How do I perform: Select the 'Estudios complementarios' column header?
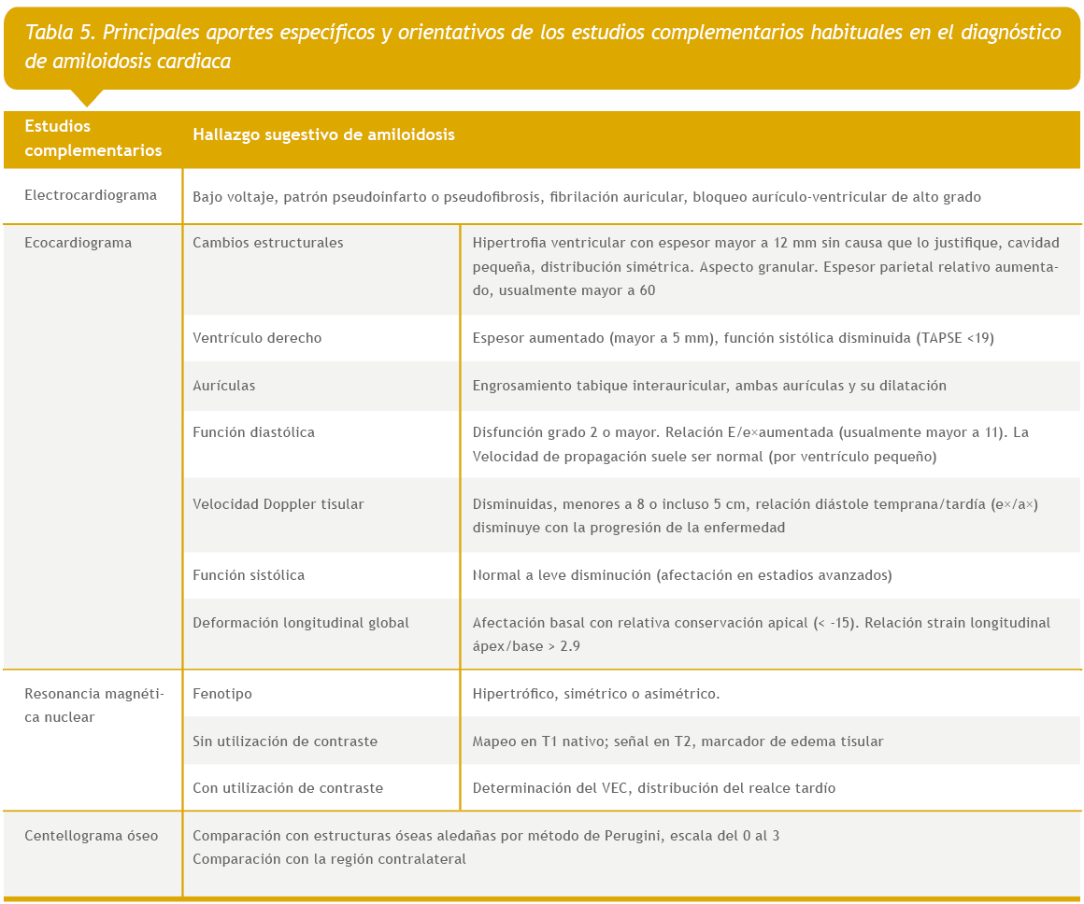pos(93,138)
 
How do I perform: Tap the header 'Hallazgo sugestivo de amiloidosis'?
pos(323,134)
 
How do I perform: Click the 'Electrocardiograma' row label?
pos(91,196)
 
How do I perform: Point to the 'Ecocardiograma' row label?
pos(78,243)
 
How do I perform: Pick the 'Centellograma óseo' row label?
pos(92,836)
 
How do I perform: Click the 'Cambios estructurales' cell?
pos(268,243)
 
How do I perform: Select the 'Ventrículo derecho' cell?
pos(257,338)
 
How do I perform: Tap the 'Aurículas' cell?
pos(224,386)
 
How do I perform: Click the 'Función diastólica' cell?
pos(253,432)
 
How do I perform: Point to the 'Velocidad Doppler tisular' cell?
pos(278,504)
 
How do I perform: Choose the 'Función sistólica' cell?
pos(249,575)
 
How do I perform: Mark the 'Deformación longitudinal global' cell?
pos(301,623)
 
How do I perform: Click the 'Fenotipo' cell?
pos(222,694)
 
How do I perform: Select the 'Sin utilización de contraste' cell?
pos(285,742)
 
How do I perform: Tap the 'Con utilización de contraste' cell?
pos(288,788)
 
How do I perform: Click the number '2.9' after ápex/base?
pos(569,645)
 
